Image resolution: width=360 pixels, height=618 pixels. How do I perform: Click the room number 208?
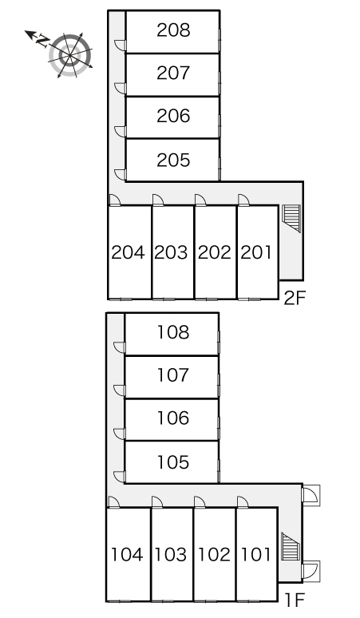173,30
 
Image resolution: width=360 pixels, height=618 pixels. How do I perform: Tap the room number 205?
173,160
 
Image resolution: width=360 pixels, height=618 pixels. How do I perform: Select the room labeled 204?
128,252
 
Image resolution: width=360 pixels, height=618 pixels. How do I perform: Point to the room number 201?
256,252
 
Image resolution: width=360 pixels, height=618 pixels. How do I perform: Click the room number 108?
173,332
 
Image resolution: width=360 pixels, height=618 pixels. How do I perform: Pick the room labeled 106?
173,418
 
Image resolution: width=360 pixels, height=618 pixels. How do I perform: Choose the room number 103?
171,555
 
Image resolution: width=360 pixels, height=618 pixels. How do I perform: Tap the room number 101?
256,555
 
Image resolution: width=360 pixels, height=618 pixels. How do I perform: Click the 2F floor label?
295,298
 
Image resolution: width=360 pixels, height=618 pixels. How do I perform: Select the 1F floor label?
295,600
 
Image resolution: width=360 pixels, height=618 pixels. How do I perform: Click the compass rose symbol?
70,55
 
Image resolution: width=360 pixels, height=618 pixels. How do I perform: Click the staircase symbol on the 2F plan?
291,218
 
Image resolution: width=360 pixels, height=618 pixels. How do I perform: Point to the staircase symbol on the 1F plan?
291,547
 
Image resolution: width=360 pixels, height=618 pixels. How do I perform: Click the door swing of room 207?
121,89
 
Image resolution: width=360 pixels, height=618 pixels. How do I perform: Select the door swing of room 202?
200,200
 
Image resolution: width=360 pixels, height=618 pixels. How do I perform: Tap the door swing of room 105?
120,477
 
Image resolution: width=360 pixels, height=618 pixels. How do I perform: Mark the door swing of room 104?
114,502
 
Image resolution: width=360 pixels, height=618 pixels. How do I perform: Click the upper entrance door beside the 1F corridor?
311,495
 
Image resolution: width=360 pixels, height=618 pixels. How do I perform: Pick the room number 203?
171,252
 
